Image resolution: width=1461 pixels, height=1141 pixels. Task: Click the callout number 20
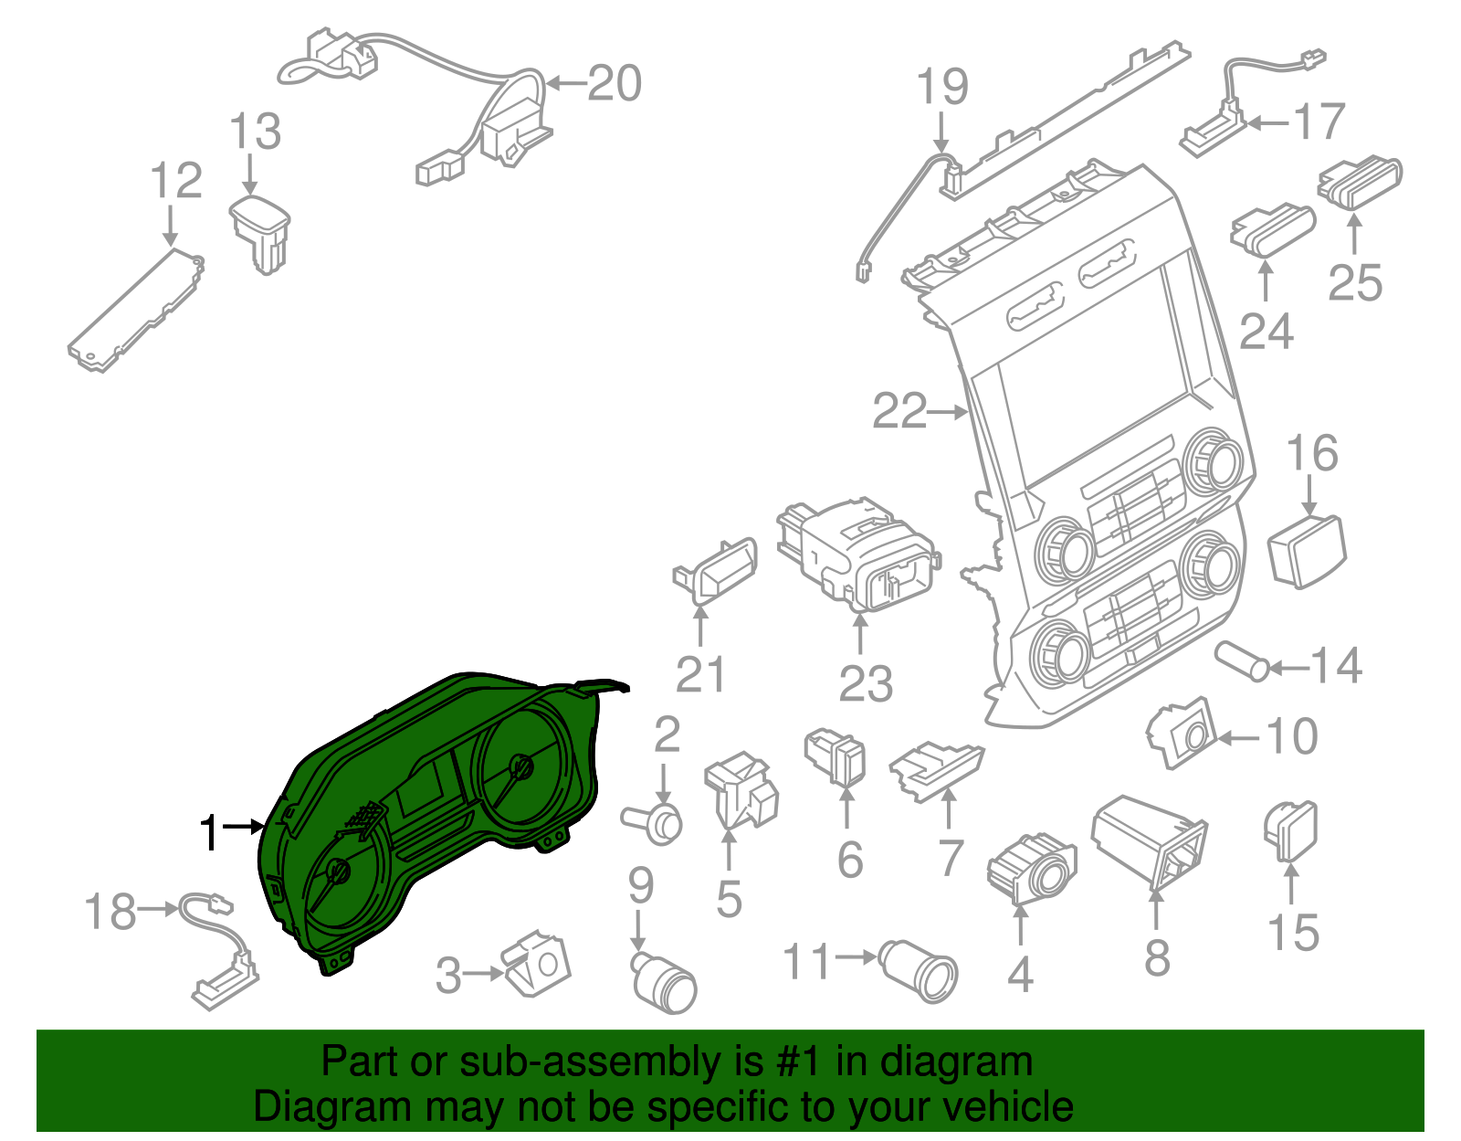(x=615, y=84)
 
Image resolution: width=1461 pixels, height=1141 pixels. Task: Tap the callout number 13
(x=256, y=132)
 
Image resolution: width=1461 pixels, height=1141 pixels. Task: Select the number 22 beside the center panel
(x=899, y=411)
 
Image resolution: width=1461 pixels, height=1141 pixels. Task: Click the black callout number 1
(x=210, y=832)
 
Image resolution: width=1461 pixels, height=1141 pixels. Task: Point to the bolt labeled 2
(x=651, y=824)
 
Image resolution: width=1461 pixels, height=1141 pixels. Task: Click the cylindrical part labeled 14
(x=1242, y=661)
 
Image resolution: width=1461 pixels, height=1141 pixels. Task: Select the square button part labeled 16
(x=1306, y=551)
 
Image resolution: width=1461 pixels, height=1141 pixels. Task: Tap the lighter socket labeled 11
(x=918, y=972)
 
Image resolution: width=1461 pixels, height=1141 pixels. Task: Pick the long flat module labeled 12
(x=136, y=310)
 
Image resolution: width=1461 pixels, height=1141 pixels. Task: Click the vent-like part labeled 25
(x=1360, y=183)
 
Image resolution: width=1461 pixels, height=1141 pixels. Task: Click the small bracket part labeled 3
(x=538, y=964)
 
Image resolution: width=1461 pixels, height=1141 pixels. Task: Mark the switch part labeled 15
(x=1290, y=831)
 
